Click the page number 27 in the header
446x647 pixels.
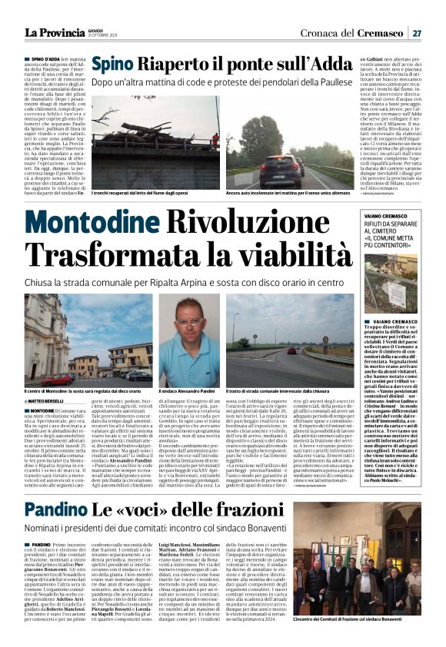tap(417, 32)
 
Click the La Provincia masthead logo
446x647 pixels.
tap(58, 32)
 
